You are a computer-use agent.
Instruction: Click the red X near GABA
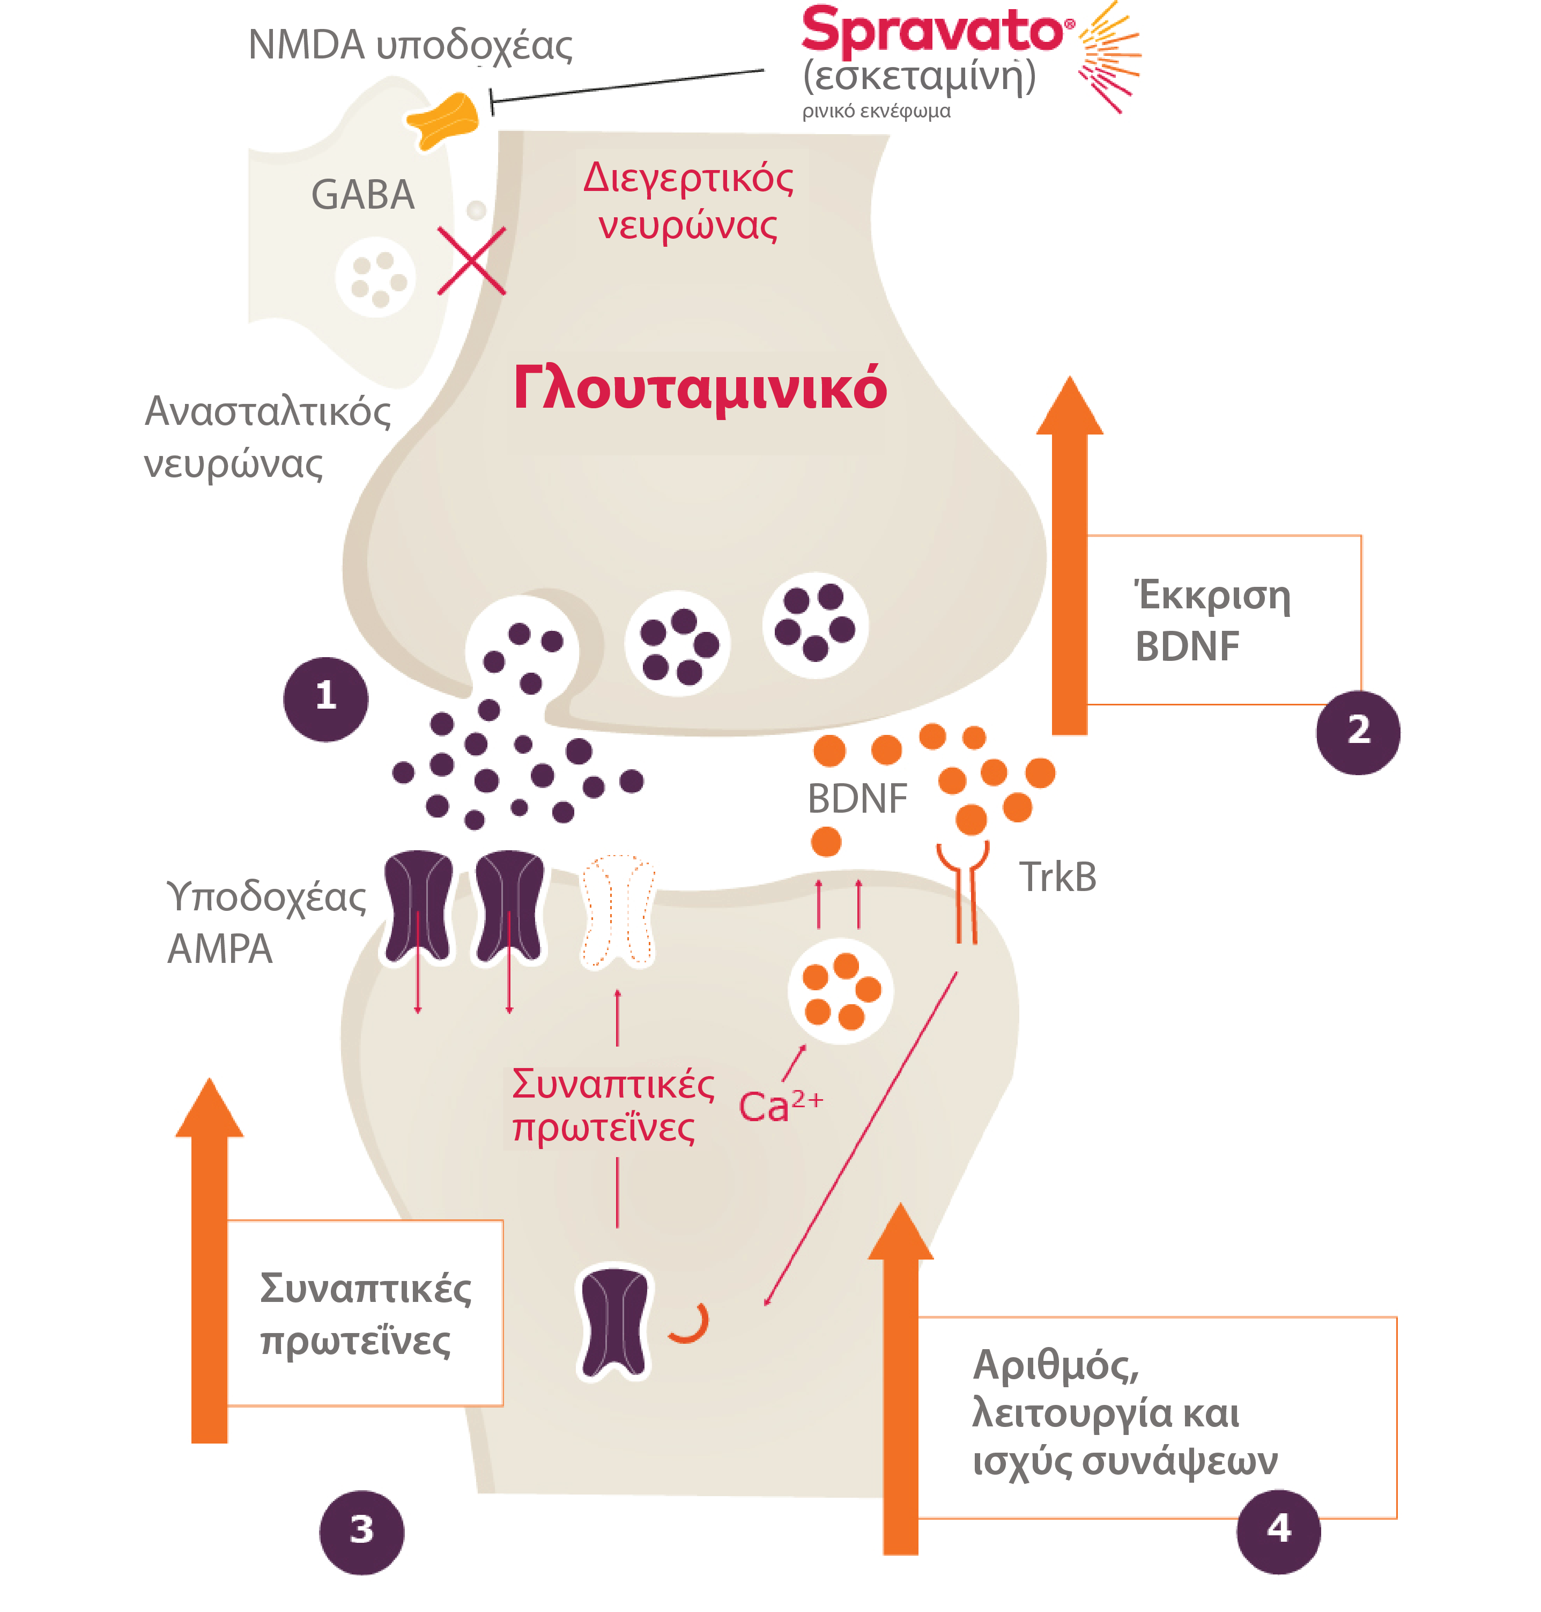coord(471,261)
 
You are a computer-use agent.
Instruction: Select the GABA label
coord(362,196)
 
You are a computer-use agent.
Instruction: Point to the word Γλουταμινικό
coord(700,388)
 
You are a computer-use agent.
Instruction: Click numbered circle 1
coord(326,698)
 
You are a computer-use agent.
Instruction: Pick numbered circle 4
coord(1278,1530)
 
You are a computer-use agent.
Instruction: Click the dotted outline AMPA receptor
coord(618,912)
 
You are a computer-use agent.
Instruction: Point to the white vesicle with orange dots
coord(840,991)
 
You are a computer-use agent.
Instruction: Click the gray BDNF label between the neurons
coord(857,799)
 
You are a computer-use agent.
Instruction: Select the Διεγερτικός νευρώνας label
coord(688,201)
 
